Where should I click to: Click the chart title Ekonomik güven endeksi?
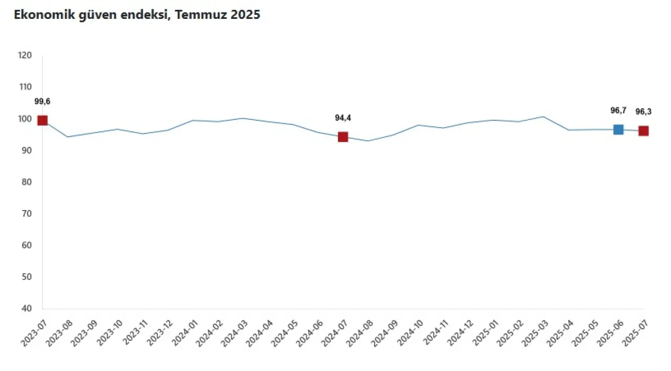(x=137, y=15)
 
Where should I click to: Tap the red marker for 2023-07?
(x=42, y=120)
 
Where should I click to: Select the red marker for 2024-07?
(x=343, y=137)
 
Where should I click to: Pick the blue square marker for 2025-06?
(x=619, y=129)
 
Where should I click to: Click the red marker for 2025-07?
(x=643, y=131)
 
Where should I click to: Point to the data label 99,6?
(x=42, y=102)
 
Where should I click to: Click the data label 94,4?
(x=343, y=118)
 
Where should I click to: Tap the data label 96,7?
(x=619, y=110)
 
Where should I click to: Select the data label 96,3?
(x=643, y=111)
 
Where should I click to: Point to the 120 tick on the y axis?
(x=25, y=55)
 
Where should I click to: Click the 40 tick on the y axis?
(x=27, y=309)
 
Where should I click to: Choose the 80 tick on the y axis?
(x=27, y=182)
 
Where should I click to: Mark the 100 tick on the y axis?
(x=25, y=119)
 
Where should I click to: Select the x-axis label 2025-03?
(x=534, y=333)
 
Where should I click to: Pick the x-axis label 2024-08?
(x=359, y=333)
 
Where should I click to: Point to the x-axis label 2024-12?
(x=459, y=333)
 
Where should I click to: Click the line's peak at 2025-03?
(x=543, y=117)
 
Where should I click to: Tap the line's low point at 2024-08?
(x=368, y=141)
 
